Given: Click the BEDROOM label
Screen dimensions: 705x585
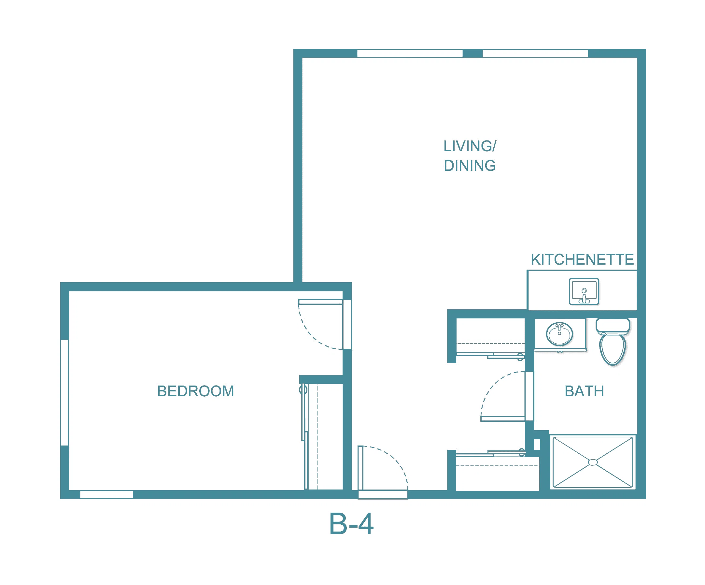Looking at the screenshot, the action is pyautogui.click(x=196, y=391).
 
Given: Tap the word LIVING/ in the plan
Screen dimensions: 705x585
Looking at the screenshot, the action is pyautogui.click(x=470, y=146).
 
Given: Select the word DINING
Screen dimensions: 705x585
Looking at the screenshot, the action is pyautogui.click(x=470, y=166).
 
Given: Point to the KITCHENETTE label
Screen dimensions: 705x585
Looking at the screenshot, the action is pyautogui.click(x=582, y=259).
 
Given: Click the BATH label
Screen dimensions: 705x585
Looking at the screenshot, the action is pyautogui.click(x=585, y=391).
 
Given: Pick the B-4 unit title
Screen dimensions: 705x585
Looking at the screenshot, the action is pyautogui.click(x=351, y=524).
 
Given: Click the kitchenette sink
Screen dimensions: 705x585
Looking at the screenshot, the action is pyautogui.click(x=584, y=291).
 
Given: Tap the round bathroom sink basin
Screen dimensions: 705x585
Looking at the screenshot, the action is pyautogui.click(x=560, y=334).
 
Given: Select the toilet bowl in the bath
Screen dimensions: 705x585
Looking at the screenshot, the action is pyautogui.click(x=613, y=349).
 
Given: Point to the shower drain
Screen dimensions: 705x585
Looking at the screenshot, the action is pyautogui.click(x=593, y=462).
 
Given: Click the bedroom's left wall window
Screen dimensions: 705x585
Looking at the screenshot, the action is pyautogui.click(x=65, y=393).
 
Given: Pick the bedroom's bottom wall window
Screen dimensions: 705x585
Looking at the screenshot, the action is pyautogui.click(x=106, y=495).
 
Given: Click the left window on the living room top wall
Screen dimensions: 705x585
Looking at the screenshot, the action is pyautogui.click(x=410, y=53).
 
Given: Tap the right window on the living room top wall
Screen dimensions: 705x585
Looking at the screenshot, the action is pyautogui.click(x=535, y=53).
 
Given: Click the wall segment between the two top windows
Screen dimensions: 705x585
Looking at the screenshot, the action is pyautogui.click(x=473, y=53).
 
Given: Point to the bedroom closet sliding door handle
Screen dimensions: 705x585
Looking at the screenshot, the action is pyautogui.click(x=303, y=390).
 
